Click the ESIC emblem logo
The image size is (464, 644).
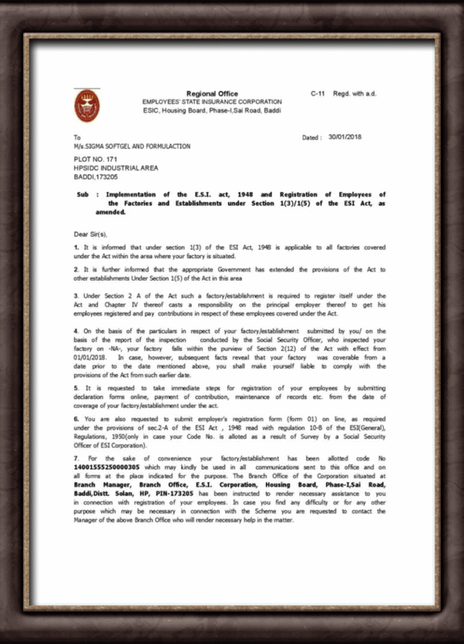[x=87, y=107]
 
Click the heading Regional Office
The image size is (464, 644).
[x=212, y=94]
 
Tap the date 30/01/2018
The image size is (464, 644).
[x=345, y=137]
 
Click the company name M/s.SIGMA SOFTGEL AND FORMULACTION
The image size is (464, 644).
[x=131, y=145]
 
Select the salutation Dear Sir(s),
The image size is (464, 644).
[x=92, y=232]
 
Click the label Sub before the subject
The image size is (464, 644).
[x=83, y=194]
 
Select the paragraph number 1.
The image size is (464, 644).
[x=76, y=246]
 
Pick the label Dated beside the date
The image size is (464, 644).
[x=312, y=138]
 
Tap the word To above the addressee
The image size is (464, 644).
[x=77, y=137]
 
